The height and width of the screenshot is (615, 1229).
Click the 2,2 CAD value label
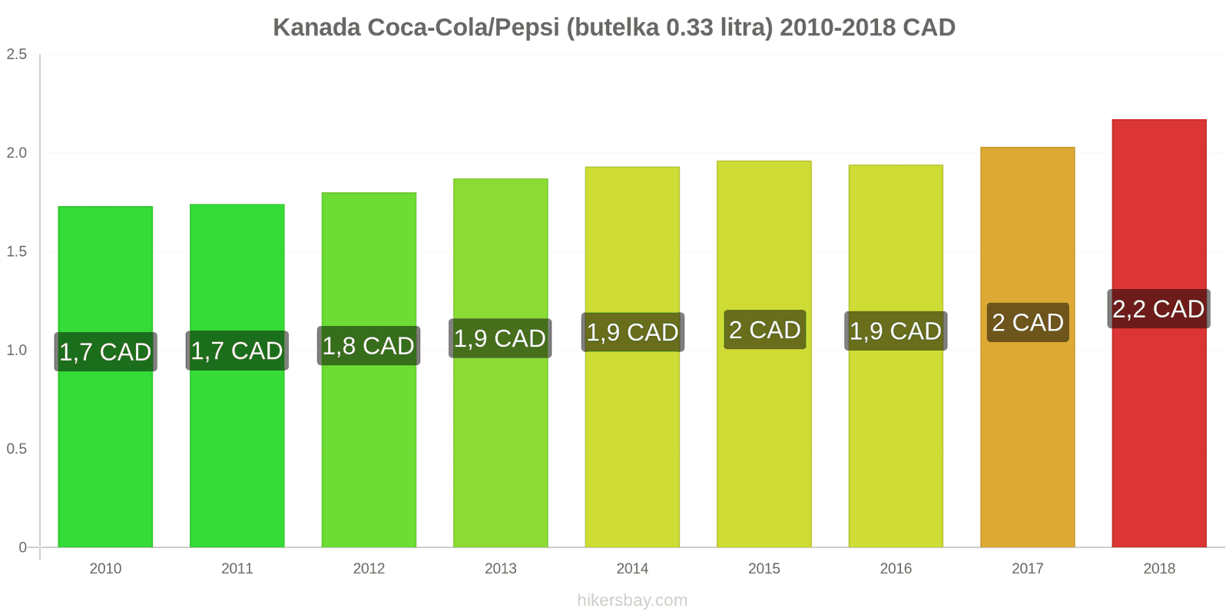1158,309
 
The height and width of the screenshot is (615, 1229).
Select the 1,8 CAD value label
369,346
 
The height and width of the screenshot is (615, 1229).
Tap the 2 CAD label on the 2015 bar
764,330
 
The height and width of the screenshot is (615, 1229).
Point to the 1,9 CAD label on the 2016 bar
896,331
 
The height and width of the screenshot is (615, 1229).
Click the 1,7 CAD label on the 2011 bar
237,351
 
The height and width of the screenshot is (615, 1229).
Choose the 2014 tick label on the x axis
632,568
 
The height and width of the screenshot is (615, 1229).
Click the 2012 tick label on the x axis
369,568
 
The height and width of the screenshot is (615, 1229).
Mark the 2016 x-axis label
896,568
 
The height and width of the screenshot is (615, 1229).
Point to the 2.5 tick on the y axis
17,54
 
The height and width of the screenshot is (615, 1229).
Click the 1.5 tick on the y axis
17,251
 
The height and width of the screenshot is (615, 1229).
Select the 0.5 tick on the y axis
17,449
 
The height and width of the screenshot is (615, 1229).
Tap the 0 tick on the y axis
22,547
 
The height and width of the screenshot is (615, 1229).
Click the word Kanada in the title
316,28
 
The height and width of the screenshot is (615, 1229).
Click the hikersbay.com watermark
632,600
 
